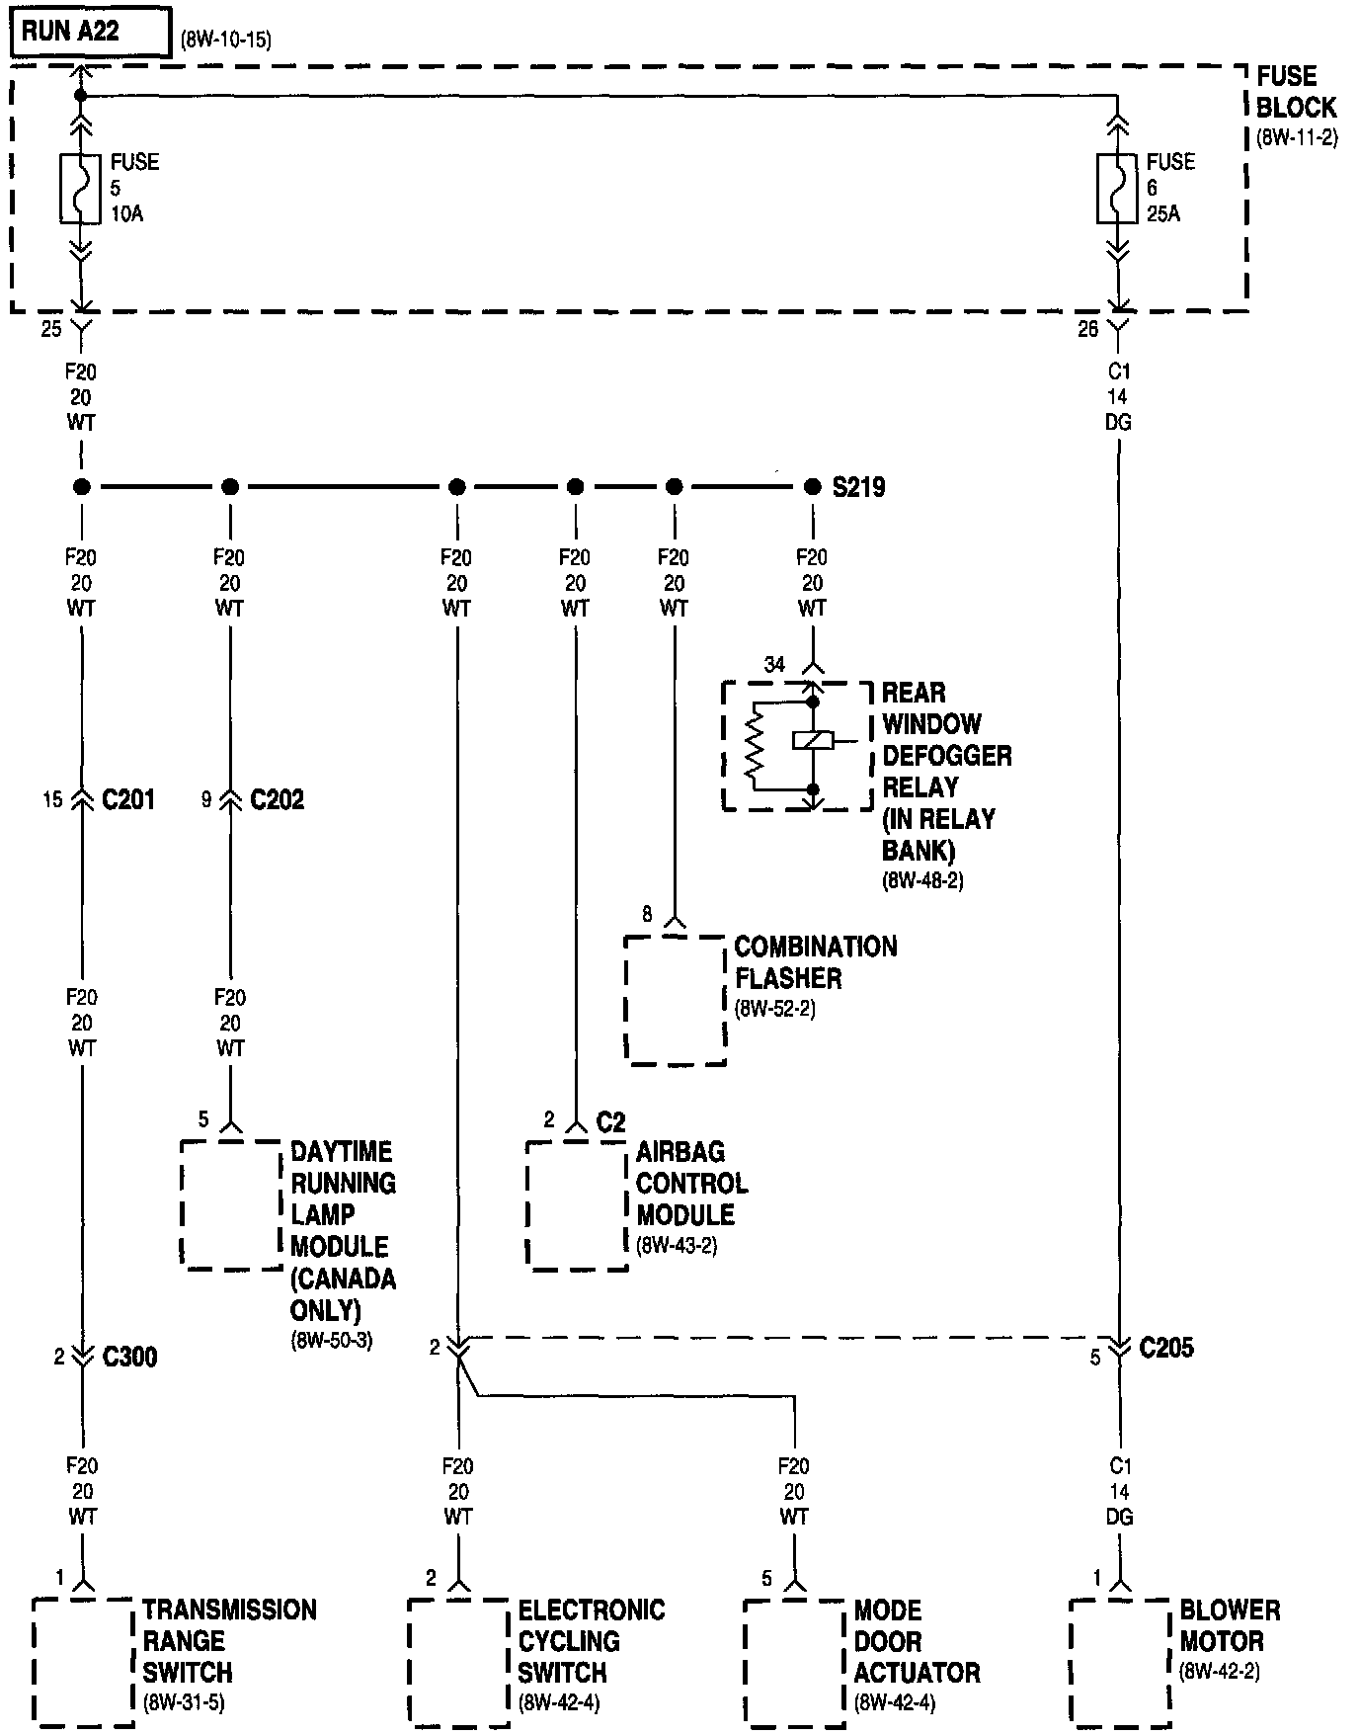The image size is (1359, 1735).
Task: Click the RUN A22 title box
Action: (90, 33)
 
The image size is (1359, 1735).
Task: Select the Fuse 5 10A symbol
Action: (81, 188)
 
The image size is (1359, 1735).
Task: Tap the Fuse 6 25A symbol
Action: (1117, 188)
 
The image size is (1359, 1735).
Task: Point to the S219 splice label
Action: (858, 487)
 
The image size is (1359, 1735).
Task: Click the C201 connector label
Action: (128, 799)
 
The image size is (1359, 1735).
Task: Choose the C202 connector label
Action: (277, 799)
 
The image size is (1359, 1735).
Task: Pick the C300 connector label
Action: (129, 1357)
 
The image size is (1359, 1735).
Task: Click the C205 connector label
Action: (1165, 1348)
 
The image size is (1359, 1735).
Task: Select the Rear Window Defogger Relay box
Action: (797, 746)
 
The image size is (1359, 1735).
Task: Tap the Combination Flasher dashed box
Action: (676, 1000)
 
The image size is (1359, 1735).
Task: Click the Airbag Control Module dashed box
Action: (577, 1205)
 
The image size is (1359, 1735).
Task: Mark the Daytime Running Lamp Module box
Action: (231, 1205)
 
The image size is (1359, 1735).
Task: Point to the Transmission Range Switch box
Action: (83, 1662)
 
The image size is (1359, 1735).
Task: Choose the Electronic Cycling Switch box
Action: (458, 1662)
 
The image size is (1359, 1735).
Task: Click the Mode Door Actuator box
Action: (794, 1662)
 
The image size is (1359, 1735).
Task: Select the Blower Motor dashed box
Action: (1120, 1662)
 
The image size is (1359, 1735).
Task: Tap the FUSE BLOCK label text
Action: (1295, 92)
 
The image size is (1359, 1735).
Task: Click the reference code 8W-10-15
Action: (226, 41)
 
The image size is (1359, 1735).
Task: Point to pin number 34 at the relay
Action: (774, 665)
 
